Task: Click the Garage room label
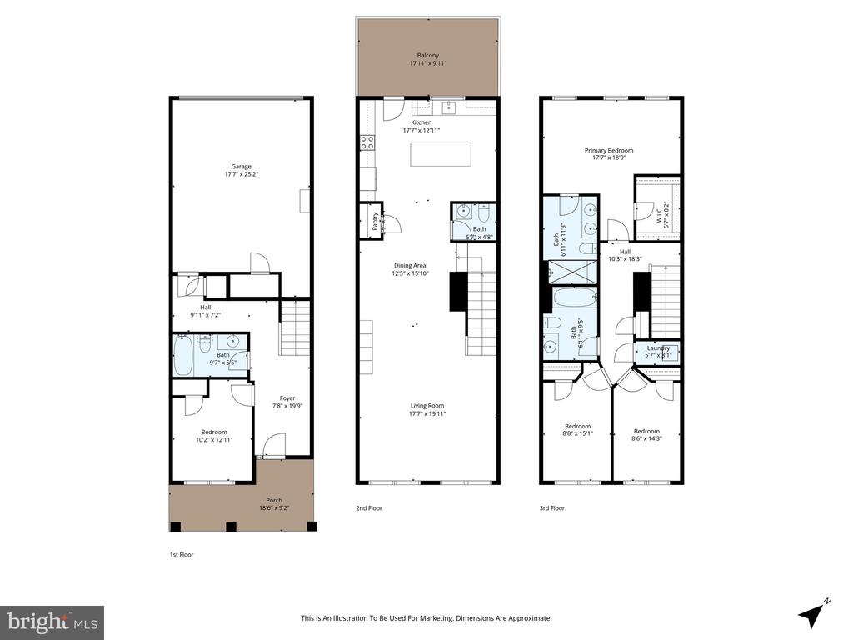241,171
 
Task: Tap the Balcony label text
429,58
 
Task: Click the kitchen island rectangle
440,155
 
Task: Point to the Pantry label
375,221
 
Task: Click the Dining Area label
410,269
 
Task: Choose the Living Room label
427,409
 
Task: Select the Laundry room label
658,352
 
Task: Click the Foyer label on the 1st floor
287,402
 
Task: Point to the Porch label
274,502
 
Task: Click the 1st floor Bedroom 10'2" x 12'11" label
213,435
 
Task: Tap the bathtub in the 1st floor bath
183,357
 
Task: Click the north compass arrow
813,615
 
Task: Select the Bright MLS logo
52,622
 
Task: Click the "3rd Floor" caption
551,507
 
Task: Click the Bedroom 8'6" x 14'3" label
646,435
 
